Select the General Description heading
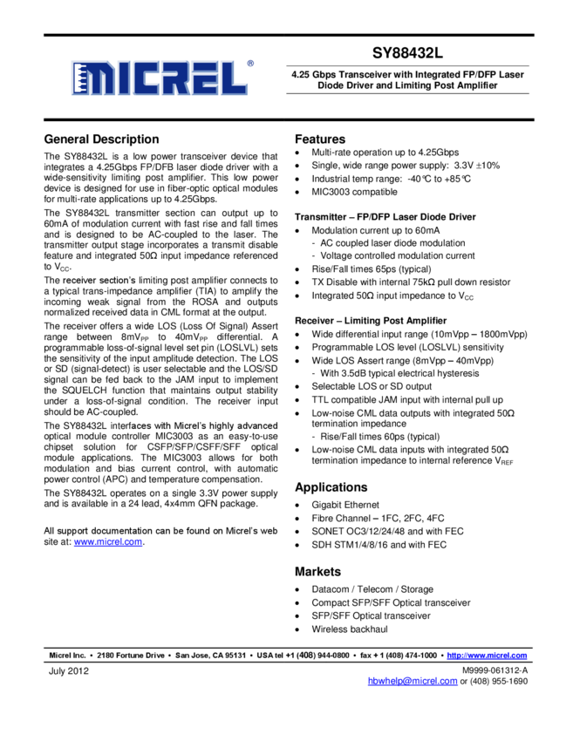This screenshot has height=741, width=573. click(101, 139)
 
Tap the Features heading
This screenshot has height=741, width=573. click(320, 139)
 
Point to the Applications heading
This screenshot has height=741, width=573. click(331, 487)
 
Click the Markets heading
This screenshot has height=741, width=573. click(318, 572)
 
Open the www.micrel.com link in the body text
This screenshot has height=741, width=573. click(108, 542)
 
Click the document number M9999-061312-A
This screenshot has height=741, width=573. click(495, 670)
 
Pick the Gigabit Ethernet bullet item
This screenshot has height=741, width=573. click(345, 505)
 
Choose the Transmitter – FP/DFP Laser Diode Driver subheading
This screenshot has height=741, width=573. click(385, 216)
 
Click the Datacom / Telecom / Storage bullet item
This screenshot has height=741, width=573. click(372, 589)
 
